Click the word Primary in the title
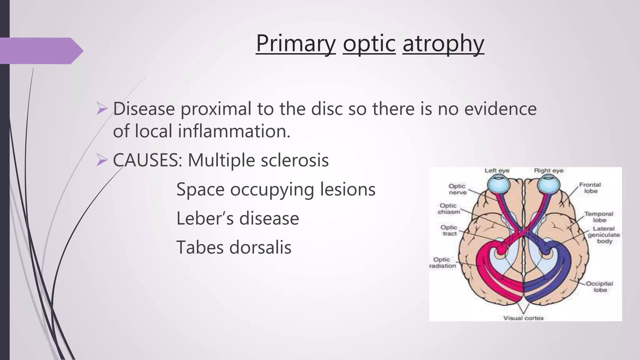296,44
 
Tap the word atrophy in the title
443,44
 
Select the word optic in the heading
369,44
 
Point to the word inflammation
234,131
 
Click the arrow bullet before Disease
102,109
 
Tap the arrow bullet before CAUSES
102,160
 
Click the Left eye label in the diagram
497,171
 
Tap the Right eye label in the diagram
548,171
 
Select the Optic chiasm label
448,209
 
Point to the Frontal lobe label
590,188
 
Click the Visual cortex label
523,318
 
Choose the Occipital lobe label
599,287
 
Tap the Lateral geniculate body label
604,235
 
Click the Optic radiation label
442,262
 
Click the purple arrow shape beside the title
41,51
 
